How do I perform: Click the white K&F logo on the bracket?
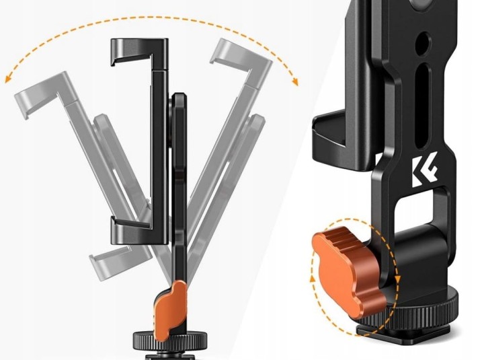coord(424,170)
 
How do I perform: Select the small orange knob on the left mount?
coord(170,309)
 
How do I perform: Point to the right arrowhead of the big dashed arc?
coord(295,81)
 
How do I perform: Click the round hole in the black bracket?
coord(423,43)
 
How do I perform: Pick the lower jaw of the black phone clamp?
coord(140,230)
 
